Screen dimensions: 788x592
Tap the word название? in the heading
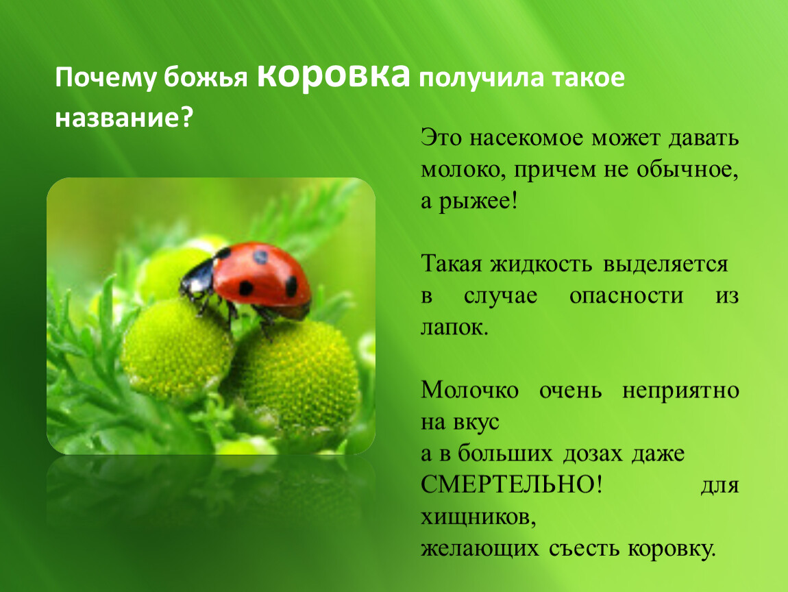pyautogui.click(x=124, y=118)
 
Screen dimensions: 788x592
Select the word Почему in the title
pyautogui.click(x=106, y=78)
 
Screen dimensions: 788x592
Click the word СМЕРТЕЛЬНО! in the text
pyautogui.click(x=511, y=484)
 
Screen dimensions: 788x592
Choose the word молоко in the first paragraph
pyautogui.click(x=463, y=171)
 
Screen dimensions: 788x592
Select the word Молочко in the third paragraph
pyautogui.click(x=470, y=390)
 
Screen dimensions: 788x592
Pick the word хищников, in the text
pyautogui.click(x=478, y=517)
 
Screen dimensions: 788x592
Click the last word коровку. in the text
pyautogui.click(x=672, y=548)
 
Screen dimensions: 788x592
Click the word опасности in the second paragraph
pyautogui.click(x=626, y=296)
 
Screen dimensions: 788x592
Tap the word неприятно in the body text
pyautogui.click(x=680, y=391)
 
